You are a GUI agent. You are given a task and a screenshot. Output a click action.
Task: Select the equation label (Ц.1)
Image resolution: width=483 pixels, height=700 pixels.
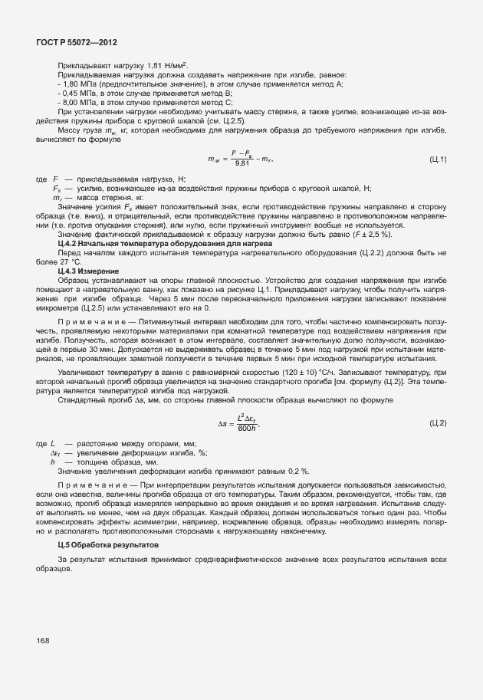click(438, 159)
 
